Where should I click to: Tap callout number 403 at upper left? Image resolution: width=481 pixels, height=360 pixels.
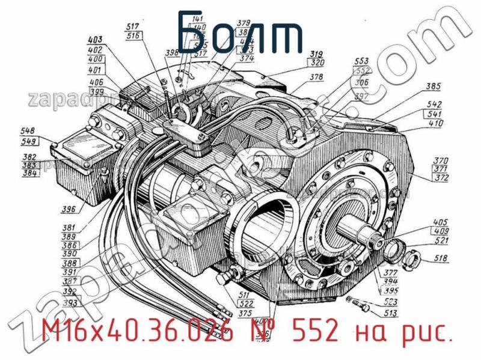tap(95, 40)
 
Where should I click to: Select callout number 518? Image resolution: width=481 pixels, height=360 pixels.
tap(440, 260)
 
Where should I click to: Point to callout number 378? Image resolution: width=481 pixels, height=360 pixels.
tap(317, 77)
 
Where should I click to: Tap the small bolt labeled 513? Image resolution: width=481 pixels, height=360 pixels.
tap(361, 304)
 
